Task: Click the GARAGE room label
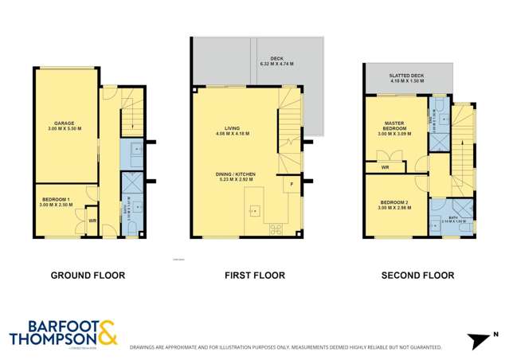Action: (65, 126)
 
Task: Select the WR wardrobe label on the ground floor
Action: (92, 221)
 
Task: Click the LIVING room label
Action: (232, 131)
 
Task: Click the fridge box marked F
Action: (292, 185)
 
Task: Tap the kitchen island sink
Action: (255, 210)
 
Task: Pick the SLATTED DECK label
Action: (407, 77)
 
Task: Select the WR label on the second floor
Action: (385, 168)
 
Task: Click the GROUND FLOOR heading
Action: (88, 276)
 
